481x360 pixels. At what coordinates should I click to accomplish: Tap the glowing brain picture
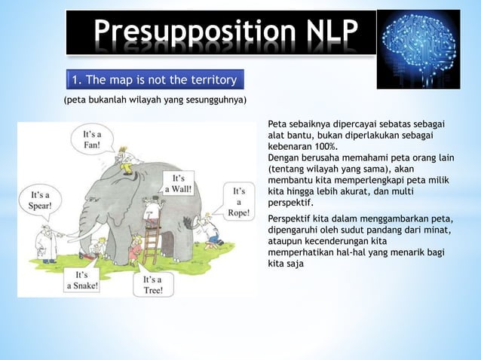click(x=418, y=49)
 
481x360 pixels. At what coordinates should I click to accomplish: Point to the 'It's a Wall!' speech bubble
click(x=179, y=184)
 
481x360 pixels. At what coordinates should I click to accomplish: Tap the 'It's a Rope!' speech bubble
click(x=239, y=200)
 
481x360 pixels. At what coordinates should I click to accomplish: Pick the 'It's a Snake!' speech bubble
click(x=81, y=280)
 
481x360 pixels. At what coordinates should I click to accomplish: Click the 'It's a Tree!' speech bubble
click(x=153, y=285)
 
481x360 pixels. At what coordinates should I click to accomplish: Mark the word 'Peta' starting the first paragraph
click(x=277, y=123)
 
